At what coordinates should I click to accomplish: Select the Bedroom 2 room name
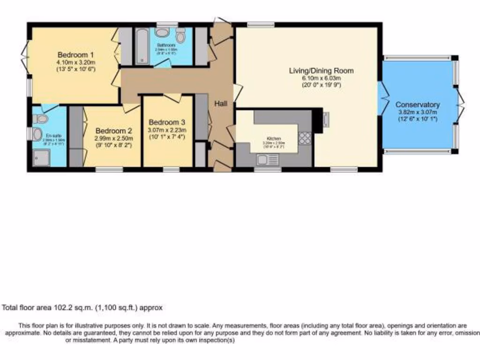(x=113, y=131)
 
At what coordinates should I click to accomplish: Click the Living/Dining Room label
(x=321, y=71)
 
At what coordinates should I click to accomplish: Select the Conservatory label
(x=417, y=105)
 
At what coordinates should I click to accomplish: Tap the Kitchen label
(x=274, y=139)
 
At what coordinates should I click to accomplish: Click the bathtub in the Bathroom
(x=141, y=46)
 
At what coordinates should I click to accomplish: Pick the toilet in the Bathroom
(x=162, y=32)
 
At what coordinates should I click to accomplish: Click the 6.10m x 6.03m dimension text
(x=321, y=78)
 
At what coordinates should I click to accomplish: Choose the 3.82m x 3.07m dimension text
(x=417, y=112)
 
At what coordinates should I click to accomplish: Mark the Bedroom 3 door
(x=172, y=97)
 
